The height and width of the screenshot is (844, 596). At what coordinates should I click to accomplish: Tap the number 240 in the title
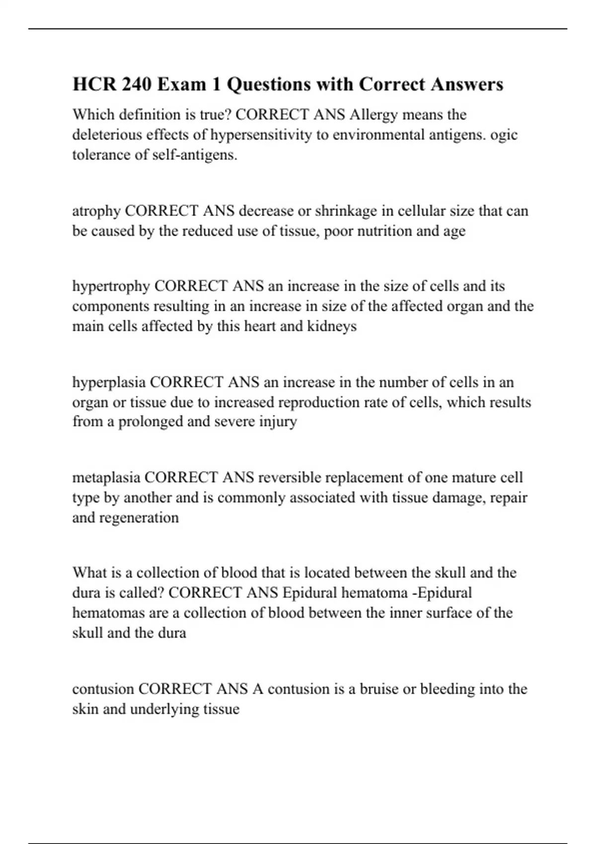[x=137, y=84]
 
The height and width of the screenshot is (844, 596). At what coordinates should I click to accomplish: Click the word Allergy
[x=373, y=115]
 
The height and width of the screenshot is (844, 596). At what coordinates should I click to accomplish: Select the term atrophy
[x=96, y=211]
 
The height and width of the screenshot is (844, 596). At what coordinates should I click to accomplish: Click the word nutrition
[x=382, y=231]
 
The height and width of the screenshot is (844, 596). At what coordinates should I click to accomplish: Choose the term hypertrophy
[x=111, y=286]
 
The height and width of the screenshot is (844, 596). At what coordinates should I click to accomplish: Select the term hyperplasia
[x=109, y=382]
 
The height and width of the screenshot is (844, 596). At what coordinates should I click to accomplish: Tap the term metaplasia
[x=106, y=478]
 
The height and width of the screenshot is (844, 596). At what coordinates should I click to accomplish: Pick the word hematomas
[x=108, y=613]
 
